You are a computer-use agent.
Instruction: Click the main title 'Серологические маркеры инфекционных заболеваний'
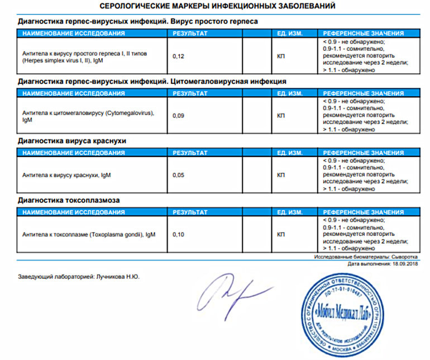(217, 7)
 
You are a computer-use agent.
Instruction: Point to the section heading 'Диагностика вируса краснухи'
(72, 141)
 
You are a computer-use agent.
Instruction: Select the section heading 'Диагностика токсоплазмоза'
(69, 200)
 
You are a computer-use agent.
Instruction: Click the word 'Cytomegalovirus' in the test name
(128, 113)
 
